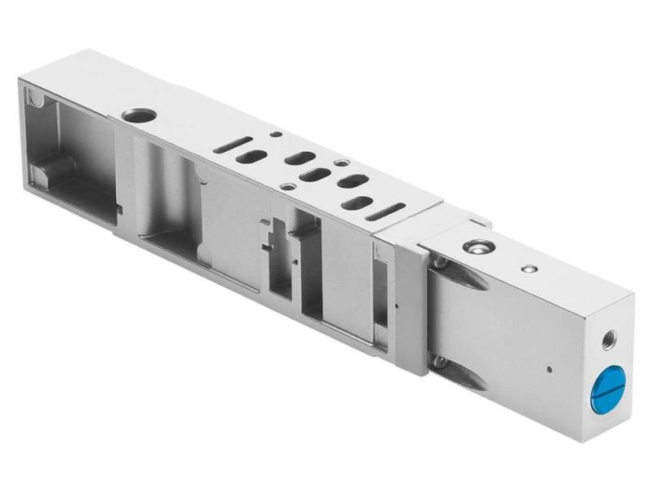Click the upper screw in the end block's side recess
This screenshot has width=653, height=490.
click(x=441, y=263)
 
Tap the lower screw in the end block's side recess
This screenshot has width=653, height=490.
click(x=441, y=360)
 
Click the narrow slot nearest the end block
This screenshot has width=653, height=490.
click(x=386, y=212)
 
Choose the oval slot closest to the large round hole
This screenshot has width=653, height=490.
click(x=255, y=157)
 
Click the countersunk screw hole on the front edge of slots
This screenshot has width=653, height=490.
click(x=287, y=186)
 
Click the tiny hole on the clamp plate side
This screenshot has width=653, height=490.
click(x=395, y=306)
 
